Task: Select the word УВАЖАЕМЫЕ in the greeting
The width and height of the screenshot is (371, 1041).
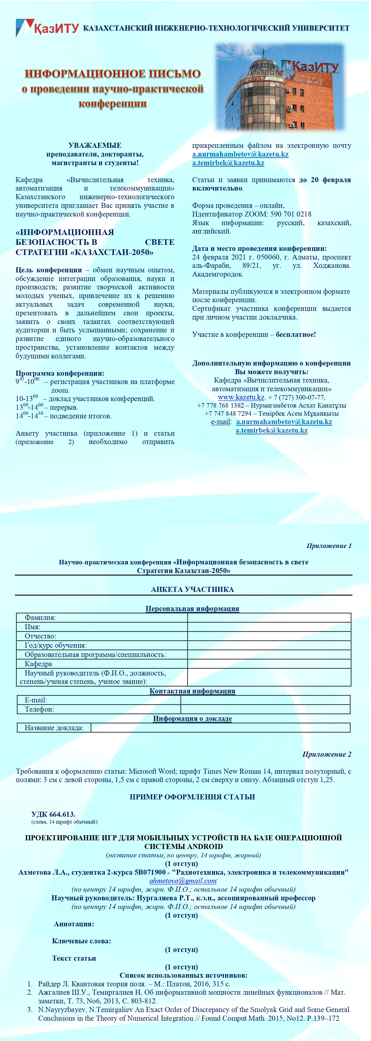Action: point(95,145)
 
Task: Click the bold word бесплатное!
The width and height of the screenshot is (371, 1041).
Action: point(296,334)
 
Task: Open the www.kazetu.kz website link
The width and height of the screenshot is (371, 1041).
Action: point(241,397)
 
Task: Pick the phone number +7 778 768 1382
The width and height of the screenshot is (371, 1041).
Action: point(221,405)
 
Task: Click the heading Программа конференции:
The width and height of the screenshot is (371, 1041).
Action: point(60,373)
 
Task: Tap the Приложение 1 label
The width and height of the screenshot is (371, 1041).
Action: point(329,546)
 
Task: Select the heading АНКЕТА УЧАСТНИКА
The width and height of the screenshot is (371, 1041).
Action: point(192,589)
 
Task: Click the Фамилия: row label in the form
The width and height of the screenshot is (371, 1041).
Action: point(40,618)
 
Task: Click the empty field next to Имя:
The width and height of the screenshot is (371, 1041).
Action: point(269,627)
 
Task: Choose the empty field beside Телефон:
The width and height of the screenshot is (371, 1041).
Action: point(265,709)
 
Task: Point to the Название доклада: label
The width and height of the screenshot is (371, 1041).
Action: point(54,728)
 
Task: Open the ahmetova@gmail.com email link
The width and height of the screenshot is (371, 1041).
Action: point(183,881)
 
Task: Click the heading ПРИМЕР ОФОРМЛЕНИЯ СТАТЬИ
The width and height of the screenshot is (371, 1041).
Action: point(192,797)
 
